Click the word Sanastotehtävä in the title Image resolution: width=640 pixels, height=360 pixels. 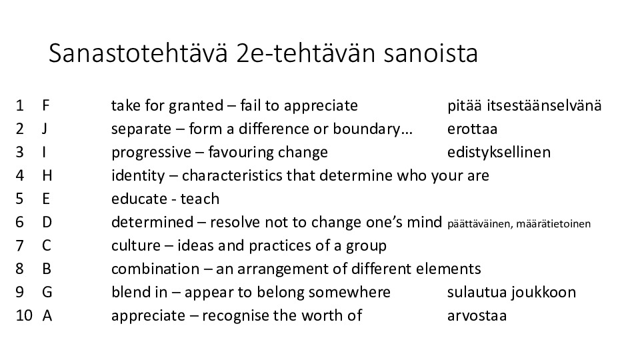(x=138, y=53)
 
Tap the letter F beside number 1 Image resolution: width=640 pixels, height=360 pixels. (x=46, y=105)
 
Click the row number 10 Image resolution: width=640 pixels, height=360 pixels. (x=24, y=315)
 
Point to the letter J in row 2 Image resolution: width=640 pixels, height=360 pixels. (x=45, y=129)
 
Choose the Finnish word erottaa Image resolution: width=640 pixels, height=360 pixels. (x=472, y=129)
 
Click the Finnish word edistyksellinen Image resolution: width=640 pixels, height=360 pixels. (x=499, y=152)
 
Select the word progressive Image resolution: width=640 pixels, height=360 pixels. (x=151, y=153)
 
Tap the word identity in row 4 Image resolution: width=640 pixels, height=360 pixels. (x=138, y=176)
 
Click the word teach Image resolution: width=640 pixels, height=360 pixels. (x=200, y=199)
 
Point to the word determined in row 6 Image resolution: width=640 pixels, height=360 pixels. (x=152, y=222)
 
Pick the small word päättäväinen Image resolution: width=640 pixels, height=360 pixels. (x=480, y=224)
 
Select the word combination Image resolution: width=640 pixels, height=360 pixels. (x=155, y=269)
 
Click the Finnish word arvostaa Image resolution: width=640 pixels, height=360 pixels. (x=477, y=316)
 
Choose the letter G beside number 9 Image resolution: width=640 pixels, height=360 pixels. (x=47, y=292)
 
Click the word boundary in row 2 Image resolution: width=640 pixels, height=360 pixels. (x=367, y=129)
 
